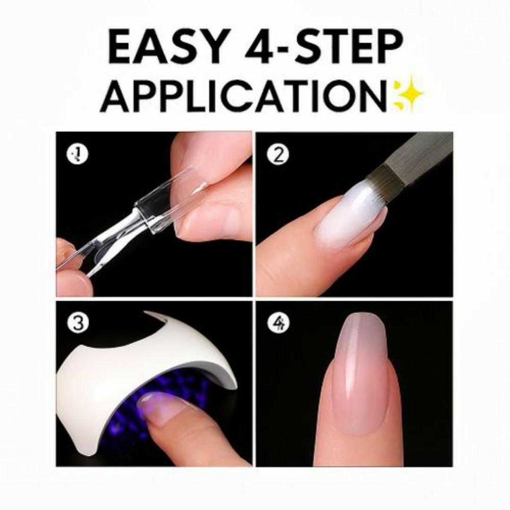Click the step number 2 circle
point(278,154)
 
